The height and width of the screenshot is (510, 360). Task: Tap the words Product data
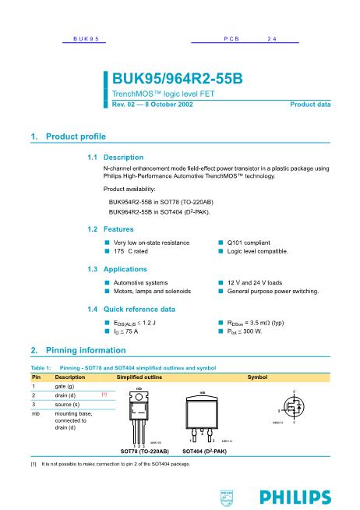pyautogui.click(x=310, y=104)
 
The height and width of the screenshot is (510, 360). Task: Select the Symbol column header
pyautogui.click(x=258, y=377)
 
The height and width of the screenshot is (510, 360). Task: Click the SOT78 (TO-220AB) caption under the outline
pyautogui.click(x=145, y=451)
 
